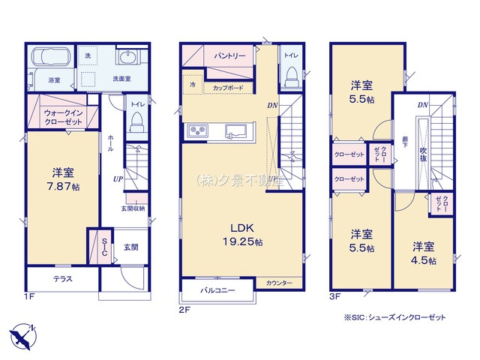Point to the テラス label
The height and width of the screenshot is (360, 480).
tap(62, 279)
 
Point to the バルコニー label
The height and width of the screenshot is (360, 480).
tap(217, 289)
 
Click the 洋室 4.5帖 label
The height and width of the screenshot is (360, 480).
tap(424, 252)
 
